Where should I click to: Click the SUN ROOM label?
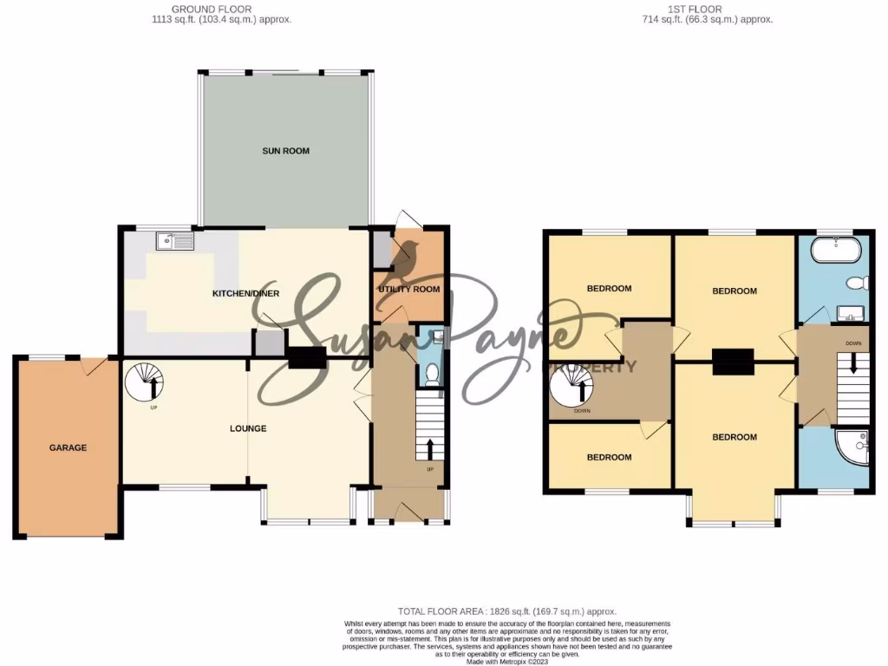click(286, 151)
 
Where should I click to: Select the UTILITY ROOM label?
click(409, 289)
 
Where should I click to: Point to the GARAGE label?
click(67, 447)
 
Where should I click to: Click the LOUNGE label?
click(248, 428)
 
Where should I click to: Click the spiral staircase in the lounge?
click(143, 382)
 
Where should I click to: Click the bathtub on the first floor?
click(836, 252)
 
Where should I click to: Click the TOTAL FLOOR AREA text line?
click(507, 611)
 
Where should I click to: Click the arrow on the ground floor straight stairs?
click(429, 448)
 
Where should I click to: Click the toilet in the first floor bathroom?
click(857, 283)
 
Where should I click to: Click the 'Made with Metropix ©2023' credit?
click(507, 661)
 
